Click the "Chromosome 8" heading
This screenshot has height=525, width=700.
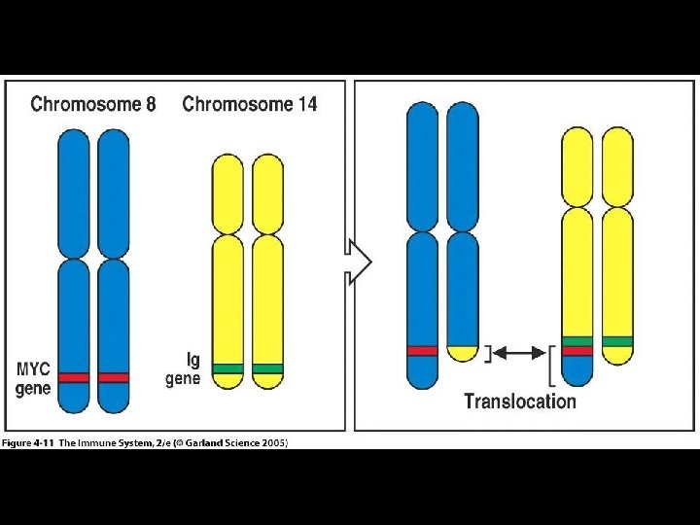(93, 104)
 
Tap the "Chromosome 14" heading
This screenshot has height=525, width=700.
(250, 104)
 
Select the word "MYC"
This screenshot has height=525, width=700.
(34, 369)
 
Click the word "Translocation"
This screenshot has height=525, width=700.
(520, 401)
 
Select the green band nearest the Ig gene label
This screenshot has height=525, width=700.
(227, 368)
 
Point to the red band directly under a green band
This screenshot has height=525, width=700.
(577, 351)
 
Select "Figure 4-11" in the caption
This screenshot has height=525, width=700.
(28, 443)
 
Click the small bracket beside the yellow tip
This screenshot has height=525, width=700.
(489, 352)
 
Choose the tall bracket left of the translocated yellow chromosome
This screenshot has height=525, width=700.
(553, 361)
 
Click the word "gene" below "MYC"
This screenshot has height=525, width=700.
(35, 388)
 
